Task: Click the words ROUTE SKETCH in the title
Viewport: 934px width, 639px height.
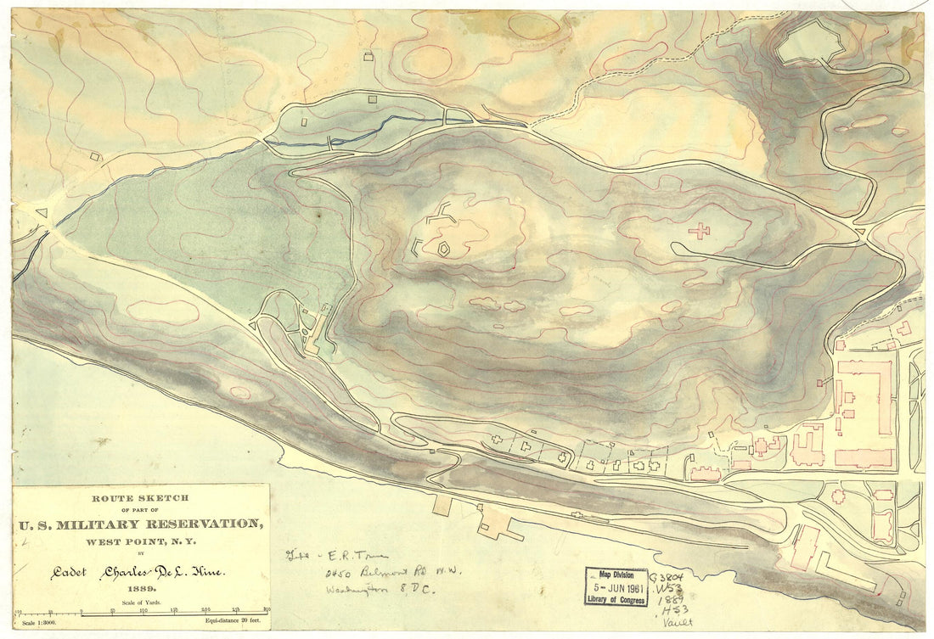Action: (x=141, y=498)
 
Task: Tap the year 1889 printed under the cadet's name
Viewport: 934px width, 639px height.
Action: (x=141, y=587)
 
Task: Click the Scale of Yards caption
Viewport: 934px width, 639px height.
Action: (x=141, y=601)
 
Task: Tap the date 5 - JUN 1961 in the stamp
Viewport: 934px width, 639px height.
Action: (x=616, y=586)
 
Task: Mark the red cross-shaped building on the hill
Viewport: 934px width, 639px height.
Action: (x=699, y=230)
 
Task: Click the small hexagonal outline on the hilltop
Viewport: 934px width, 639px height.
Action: (x=443, y=249)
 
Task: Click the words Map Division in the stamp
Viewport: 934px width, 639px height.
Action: (x=616, y=575)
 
